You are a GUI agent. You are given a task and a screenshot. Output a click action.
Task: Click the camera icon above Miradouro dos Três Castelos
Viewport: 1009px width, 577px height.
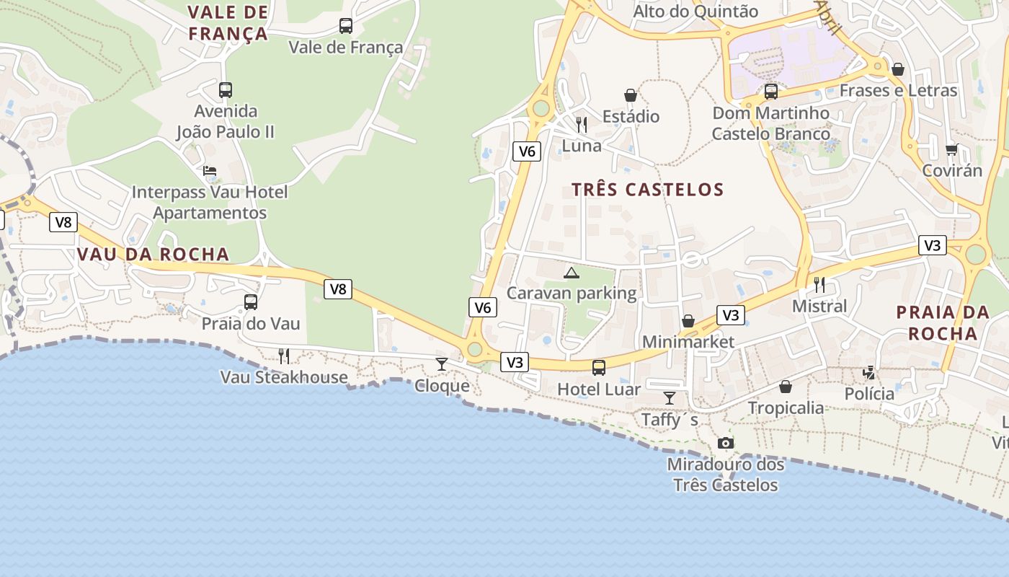point(726,443)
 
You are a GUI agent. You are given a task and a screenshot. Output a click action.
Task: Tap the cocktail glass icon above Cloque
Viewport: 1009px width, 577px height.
point(442,364)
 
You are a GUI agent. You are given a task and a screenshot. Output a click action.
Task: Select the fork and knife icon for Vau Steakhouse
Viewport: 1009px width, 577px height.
point(284,356)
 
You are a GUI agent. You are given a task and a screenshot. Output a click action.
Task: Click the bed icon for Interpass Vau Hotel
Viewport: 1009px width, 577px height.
point(210,171)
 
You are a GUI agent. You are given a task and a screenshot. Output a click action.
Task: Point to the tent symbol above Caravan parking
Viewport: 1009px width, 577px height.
point(572,273)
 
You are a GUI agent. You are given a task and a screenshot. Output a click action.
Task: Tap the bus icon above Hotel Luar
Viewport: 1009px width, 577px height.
point(599,368)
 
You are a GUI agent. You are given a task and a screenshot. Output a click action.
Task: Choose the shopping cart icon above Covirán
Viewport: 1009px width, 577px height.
point(952,149)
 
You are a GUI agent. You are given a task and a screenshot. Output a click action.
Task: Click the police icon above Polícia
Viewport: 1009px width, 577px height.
point(870,373)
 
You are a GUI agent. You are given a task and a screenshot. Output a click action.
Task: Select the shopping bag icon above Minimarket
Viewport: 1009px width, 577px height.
point(688,321)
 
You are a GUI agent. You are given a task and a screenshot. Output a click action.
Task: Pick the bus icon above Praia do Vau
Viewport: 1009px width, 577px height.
point(251,302)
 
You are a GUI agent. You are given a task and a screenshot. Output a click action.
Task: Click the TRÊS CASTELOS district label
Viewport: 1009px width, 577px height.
point(647,190)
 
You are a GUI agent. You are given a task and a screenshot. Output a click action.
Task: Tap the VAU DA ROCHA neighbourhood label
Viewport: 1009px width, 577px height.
point(153,254)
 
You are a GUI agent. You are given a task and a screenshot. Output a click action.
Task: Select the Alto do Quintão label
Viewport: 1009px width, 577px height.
point(695,12)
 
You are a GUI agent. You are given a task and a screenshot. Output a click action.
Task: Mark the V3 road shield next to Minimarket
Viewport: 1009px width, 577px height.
point(731,315)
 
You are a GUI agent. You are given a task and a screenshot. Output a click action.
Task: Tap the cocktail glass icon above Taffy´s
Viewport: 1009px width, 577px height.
point(670,397)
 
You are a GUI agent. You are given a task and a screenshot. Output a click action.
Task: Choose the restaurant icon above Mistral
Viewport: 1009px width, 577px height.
point(819,284)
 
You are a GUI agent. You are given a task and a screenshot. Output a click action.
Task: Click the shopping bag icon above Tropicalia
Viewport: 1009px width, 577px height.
point(786,387)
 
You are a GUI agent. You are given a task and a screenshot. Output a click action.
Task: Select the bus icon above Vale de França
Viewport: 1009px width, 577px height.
point(346,26)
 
